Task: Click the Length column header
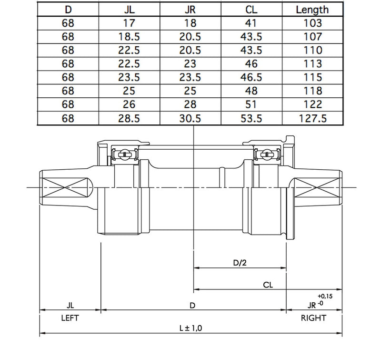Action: coord(312,9)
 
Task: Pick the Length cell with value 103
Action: coord(312,23)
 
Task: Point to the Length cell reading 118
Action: coord(312,91)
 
